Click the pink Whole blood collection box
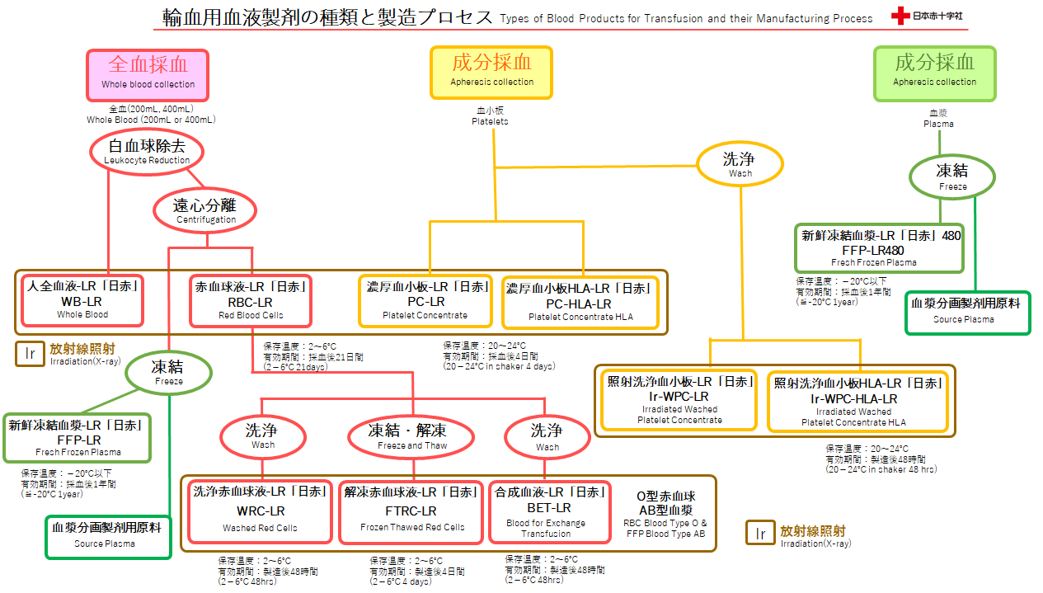(148, 75)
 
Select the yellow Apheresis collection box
(491, 73)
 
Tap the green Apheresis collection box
(934, 73)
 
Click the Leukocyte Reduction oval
(147, 152)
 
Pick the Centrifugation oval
(204, 210)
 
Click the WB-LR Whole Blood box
(82, 300)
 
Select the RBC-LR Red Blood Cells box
(251, 301)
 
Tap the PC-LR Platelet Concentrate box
(425, 301)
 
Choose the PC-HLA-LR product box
(580, 303)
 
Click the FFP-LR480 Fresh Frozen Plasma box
(879, 248)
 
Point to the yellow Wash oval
(740, 164)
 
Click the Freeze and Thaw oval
(411, 437)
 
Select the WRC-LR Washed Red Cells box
(261, 512)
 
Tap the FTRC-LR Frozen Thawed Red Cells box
(411, 512)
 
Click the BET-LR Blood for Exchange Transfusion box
(549, 512)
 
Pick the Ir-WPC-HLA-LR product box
(857, 402)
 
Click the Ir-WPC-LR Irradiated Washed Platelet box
(679, 400)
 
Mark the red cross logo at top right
(900, 16)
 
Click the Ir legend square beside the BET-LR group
(760, 533)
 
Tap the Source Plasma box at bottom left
(109, 537)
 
